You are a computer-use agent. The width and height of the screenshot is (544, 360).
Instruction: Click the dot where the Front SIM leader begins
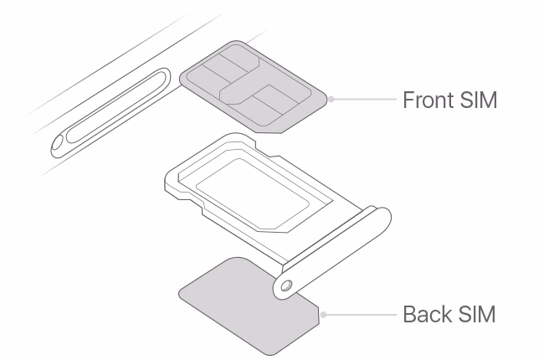[331, 99]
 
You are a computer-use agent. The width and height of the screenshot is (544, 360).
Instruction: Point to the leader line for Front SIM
[364, 99]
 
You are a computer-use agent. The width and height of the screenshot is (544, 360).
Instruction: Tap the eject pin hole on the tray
[286, 285]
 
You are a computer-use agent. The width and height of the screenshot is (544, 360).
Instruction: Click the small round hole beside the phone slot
[57, 145]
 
